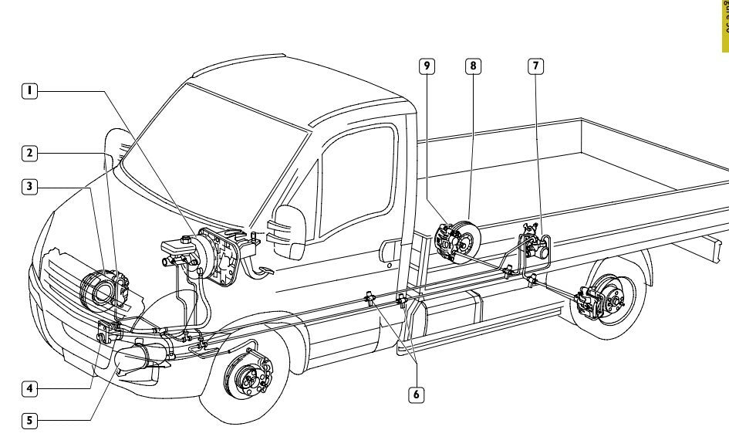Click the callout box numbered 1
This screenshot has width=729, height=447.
pyautogui.click(x=29, y=90)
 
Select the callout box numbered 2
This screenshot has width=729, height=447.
pyautogui.click(x=29, y=153)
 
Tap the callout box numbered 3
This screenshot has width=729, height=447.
pyautogui.click(x=29, y=186)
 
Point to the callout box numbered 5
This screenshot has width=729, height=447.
pyautogui.click(x=29, y=421)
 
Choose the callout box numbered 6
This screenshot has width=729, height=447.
pyautogui.click(x=415, y=394)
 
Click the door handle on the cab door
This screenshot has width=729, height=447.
pyautogui.click(x=386, y=247)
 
